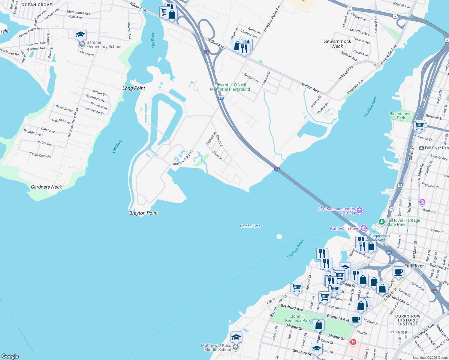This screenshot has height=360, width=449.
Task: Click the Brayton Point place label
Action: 143,213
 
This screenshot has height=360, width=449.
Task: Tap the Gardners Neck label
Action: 46,187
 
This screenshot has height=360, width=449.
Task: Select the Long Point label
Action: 134,88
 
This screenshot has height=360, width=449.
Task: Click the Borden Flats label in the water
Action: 250,226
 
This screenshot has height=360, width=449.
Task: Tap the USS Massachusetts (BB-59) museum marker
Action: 360,211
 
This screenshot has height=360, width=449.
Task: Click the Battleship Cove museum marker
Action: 364,228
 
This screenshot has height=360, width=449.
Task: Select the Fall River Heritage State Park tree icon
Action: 381,222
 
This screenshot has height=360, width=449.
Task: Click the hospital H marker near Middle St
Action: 353,342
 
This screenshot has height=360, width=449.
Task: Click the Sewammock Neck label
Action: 337,44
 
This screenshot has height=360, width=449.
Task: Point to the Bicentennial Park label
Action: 401,116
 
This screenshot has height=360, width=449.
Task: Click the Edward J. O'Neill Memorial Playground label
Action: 230,87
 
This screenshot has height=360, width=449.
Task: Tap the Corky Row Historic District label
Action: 408,320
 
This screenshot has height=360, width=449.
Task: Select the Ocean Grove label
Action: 37,5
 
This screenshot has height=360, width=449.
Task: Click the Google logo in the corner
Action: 10,356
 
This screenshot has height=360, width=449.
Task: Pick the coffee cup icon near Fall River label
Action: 398,272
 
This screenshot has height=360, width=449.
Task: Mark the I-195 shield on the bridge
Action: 277,169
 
